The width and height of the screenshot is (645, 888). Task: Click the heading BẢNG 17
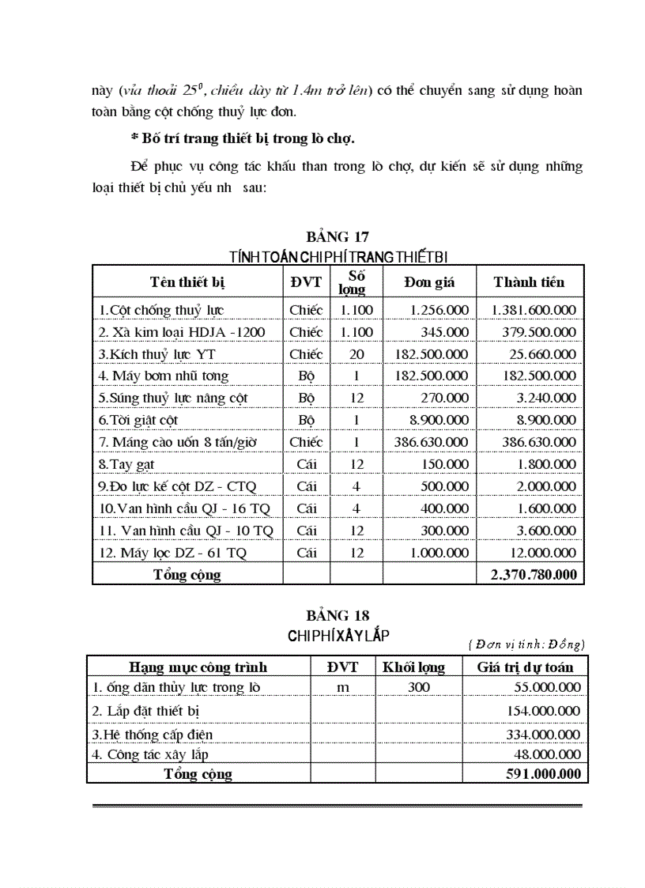coord(338,236)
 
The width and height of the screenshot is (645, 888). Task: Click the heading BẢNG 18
coord(338,615)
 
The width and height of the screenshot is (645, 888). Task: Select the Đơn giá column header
coord(429,282)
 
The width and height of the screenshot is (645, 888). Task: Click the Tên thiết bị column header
coord(187,282)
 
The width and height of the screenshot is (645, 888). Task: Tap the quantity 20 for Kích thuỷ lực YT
coord(356,354)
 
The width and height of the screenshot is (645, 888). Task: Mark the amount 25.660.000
coord(539,354)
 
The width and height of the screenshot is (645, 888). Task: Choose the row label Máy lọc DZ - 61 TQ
coord(172,553)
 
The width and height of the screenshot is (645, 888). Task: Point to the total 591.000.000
coord(543,773)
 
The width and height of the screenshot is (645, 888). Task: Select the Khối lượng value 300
coord(419,687)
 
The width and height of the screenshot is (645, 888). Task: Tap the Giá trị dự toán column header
coord(525,667)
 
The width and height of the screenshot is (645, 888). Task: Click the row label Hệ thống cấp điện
coord(153,735)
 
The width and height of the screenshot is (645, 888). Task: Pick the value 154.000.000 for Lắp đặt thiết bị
coord(543,711)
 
